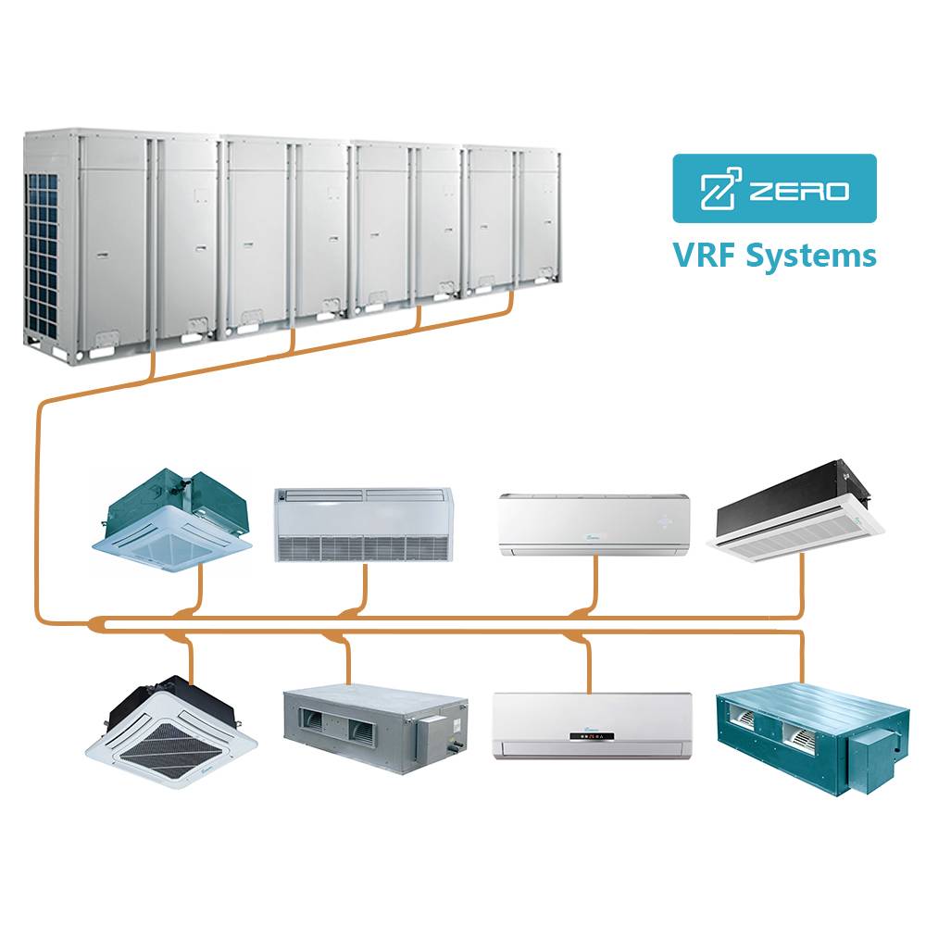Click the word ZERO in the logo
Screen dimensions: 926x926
(799, 190)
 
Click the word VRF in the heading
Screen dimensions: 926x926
(705, 256)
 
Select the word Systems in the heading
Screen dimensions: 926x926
(811, 257)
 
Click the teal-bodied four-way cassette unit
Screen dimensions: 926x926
(172, 520)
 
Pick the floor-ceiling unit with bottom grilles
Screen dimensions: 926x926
(364, 524)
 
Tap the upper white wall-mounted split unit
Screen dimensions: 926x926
(594, 525)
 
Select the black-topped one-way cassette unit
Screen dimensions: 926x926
(795, 512)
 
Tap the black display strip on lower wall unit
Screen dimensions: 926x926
(591, 736)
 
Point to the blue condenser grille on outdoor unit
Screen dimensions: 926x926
(44, 254)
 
